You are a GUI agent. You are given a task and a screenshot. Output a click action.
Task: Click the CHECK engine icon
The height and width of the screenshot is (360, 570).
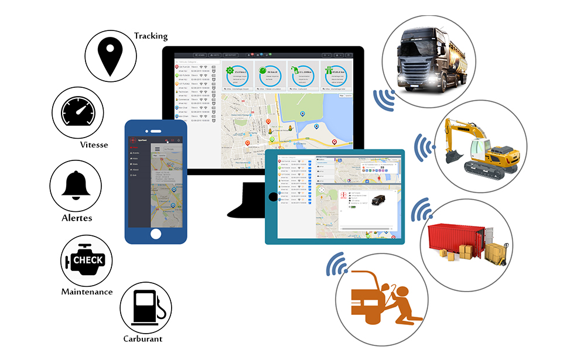tap(87, 260)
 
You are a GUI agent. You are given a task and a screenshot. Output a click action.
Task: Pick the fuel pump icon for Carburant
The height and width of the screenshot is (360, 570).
tap(144, 307)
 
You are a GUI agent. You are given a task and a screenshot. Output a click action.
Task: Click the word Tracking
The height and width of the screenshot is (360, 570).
tap(151, 36)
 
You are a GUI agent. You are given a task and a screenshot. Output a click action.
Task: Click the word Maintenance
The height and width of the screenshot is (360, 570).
tap(87, 292)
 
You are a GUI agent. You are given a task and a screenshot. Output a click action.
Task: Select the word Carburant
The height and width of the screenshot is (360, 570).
tap(143, 338)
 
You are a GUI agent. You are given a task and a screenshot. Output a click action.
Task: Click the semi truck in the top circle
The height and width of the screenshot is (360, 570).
tap(425, 58)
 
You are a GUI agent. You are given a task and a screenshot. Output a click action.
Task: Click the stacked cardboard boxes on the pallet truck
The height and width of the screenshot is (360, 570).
tap(496, 252)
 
